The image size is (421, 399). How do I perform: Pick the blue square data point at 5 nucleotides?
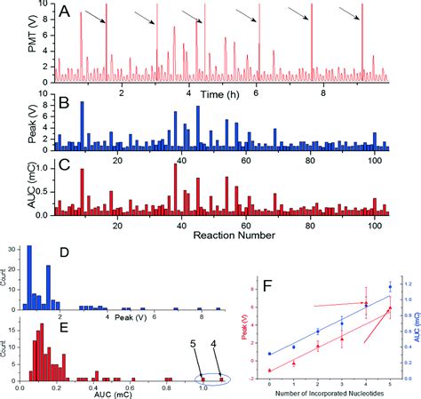click(389, 287)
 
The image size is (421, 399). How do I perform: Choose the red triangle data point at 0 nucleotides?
click(269, 370)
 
